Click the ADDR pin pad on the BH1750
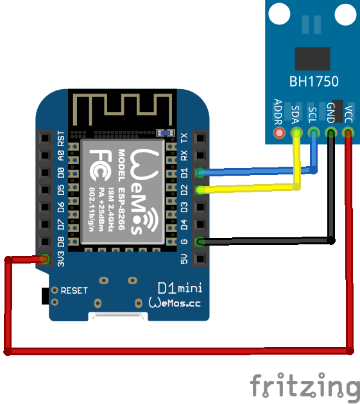pos(279,133)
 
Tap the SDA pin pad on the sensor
pos(296,133)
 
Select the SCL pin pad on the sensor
pos(314,133)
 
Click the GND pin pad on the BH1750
pos(331,133)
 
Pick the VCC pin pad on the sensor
pos(348,133)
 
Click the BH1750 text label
pos(314,81)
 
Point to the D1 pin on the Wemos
pos(200,173)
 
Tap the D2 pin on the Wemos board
pos(200,190)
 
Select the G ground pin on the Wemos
pos(200,242)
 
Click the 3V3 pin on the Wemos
pos(45,258)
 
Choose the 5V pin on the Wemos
pos(200,258)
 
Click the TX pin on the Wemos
pos(200,138)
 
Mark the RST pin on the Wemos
pos(45,138)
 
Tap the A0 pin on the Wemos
pos(45,155)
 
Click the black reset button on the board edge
pos(45,296)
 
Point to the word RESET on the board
pos(74,291)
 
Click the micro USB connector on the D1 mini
pos(118,317)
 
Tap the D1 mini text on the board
pos(180,288)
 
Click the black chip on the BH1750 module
pos(313,59)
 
